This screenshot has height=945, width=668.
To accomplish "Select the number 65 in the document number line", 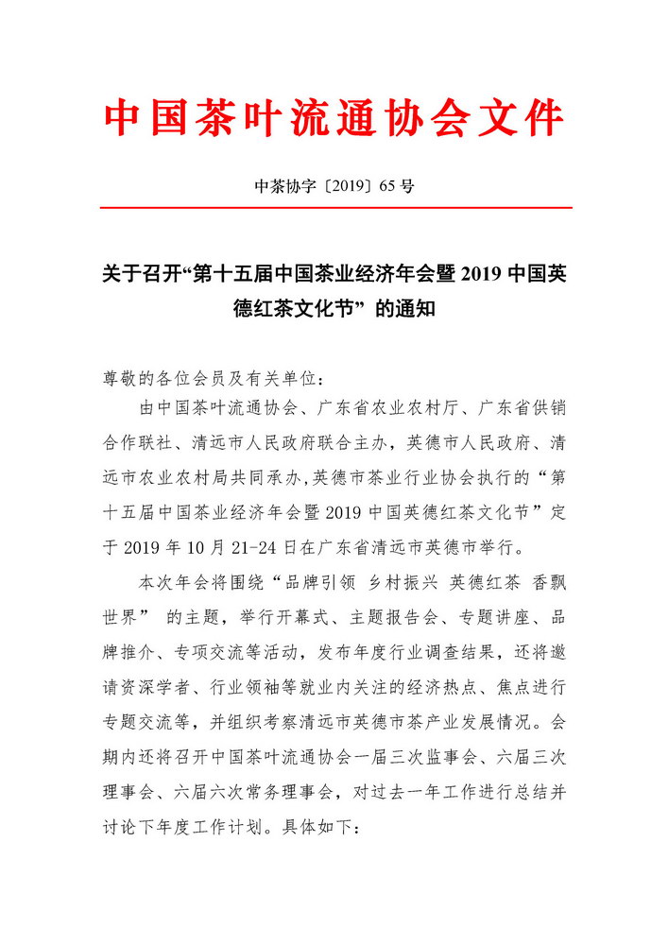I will [x=385, y=186].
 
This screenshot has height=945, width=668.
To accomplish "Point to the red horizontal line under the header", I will [x=334, y=207].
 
